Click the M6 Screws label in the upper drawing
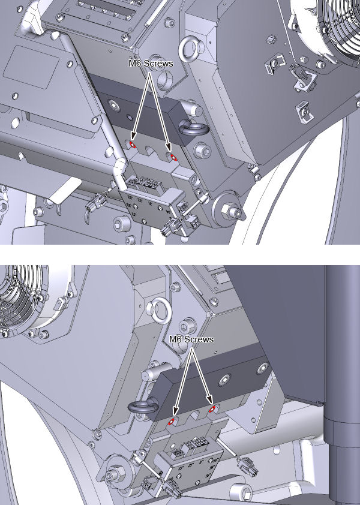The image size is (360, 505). [151, 64]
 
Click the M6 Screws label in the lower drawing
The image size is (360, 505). [191, 339]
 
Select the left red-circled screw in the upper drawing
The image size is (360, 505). [132, 145]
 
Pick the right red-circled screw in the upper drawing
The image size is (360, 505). [173, 157]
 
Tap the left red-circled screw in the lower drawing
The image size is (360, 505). [172, 421]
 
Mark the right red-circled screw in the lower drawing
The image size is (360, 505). [212, 410]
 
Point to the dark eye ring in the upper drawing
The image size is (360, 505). [194, 129]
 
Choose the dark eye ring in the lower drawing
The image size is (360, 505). [142, 407]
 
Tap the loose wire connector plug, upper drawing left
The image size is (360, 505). [95, 202]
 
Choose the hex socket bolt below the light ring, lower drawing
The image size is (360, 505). [187, 327]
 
